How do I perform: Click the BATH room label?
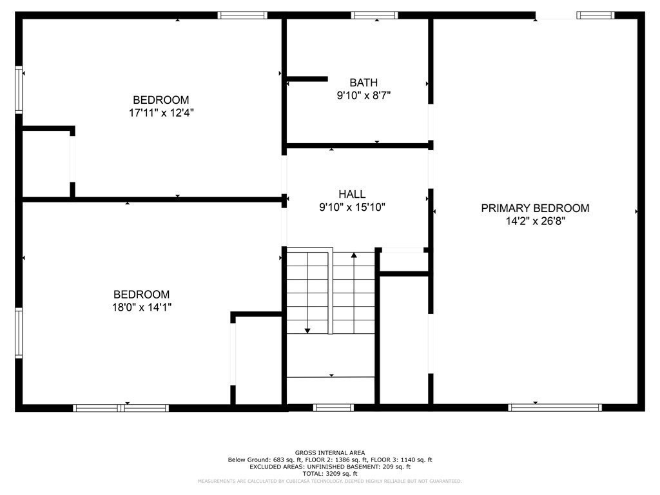(x=364, y=82)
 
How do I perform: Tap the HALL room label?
(x=352, y=194)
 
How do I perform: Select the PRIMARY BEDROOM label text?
(x=535, y=208)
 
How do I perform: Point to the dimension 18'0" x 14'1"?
(x=142, y=307)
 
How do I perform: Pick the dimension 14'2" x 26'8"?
(x=535, y=221)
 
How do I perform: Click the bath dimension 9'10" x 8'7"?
(x=364, y=95)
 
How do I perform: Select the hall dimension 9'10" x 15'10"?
(x=352, y=207)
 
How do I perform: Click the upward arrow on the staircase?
(x=354, y=256)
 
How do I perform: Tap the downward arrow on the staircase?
(x=307, y=330)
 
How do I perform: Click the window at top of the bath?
(x=374, y=15)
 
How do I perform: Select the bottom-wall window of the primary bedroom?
(x=555, y=407)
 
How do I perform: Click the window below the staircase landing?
(x=333, y=407)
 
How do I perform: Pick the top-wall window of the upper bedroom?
(x=242, y=15)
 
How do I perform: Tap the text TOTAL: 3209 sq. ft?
(x=329, y=473)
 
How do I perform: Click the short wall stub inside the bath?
(x=307, y=79)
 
